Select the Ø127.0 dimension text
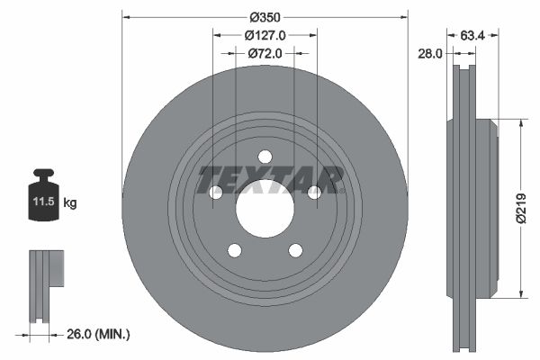click(x=265, y=35)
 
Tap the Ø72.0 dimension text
click(x=265, y=53)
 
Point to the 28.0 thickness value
click(x=431, y=54)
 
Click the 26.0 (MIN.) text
click(x=98, y=335)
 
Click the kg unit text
click(x=70, y=203)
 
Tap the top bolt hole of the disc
click(x=265, y=157)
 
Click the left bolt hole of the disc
click(x=216, y=192)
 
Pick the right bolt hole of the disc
click(x=314, y=192)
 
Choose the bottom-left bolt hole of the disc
click(x=234, y=249)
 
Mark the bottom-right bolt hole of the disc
click(x=295, y=249)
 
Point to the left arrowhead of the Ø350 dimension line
click(x=126, y=16)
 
